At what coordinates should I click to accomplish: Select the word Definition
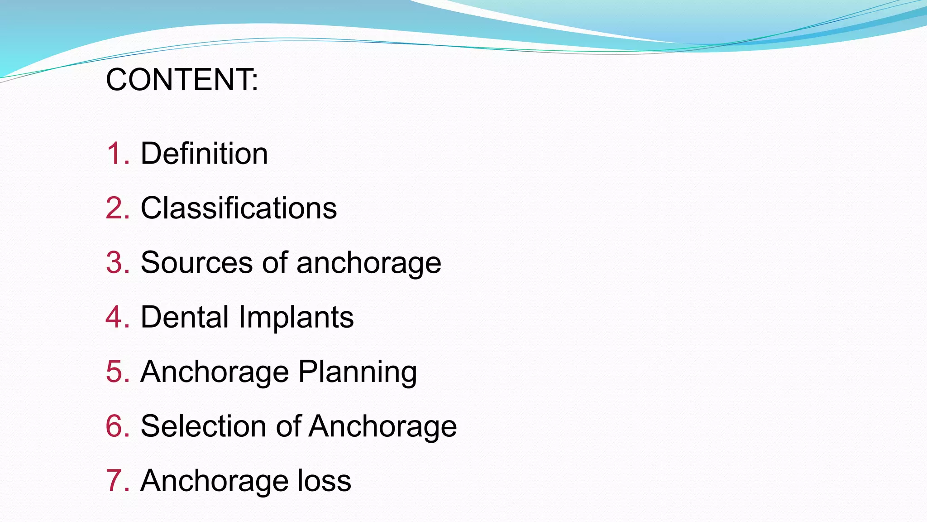(x=204, y=154)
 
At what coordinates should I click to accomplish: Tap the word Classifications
(x=239, y=208)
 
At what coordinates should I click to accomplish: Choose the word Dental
(x=185, y=317)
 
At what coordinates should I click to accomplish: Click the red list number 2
(x=117, y=208)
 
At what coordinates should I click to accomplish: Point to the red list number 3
(x=117, y=263)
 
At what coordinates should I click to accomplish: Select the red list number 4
(x=117, y=317)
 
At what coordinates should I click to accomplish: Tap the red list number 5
(x=117, y=372)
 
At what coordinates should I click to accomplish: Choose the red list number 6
(x=117, y=426)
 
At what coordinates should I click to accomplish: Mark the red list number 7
(x=117, y=481)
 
